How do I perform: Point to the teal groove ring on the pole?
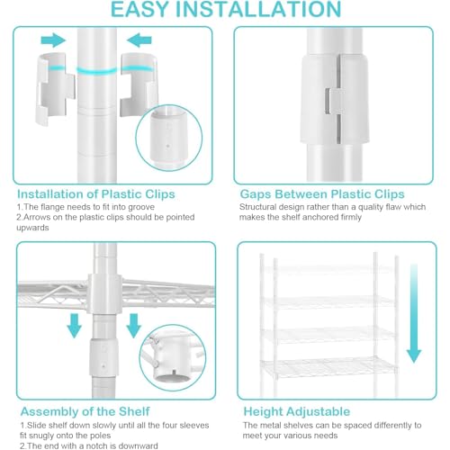97,71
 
